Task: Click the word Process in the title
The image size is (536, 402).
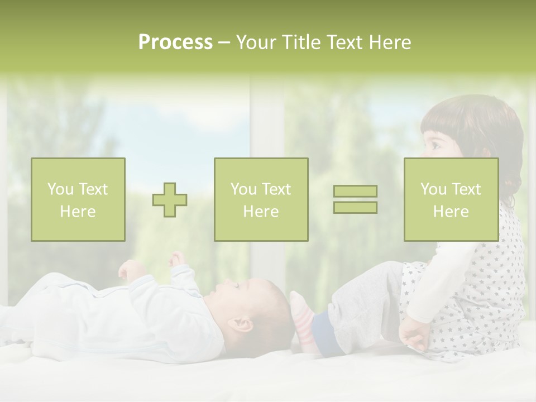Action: pyautogui.click(x=175, y=42)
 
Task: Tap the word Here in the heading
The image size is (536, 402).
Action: pyautogui.click(x=389, y=42)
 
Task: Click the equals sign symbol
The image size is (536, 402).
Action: pyautogui.click(x=355, y=199)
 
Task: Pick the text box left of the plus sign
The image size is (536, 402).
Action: pyautogui.click(x=78, y=199)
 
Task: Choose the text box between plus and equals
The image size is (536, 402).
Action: pyautogui.click(x=261, y=199)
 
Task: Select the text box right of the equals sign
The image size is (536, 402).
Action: pyautogui.click(x=451, y=199)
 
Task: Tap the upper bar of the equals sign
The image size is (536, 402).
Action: pyautogui.click(x=355, y=192)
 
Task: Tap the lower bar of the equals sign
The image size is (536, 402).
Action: pyautogui.click(x=355, y=207)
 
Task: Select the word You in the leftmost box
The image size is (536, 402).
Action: pyautogui.click(x=59, y=189)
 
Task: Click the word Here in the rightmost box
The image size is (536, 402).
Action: pyautogui.click(x=451, y=212)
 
